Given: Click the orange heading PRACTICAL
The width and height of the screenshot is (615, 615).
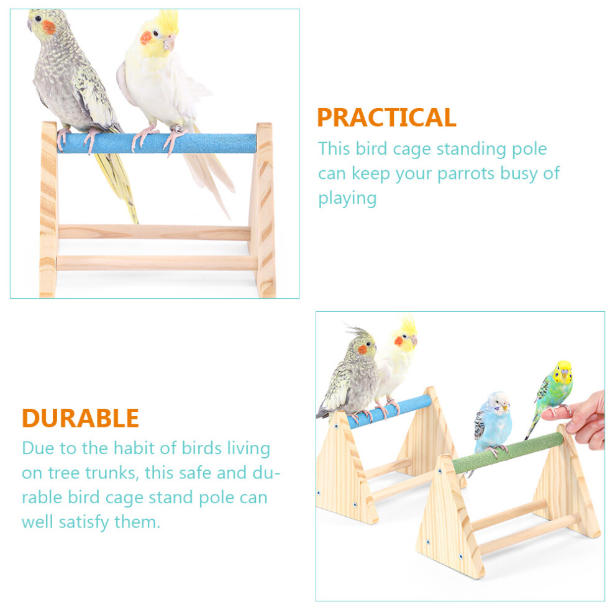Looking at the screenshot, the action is click(x=387, y=117).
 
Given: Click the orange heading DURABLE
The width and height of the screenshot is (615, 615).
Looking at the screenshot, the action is click(x=80, y=418).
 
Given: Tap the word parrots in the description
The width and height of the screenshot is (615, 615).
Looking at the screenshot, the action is click(x=466, y=174).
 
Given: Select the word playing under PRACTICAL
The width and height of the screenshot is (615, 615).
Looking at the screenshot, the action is click(x=347, y=198).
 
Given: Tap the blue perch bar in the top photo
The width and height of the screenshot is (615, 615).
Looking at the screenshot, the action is click(x=157, y=143).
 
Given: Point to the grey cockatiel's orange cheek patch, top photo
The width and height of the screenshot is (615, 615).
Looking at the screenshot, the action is click(x=48, y=27).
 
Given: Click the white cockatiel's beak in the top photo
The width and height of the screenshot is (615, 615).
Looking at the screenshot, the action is click(x=170, y=43).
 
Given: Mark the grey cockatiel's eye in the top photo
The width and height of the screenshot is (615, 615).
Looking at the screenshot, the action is click(x=38, y=19).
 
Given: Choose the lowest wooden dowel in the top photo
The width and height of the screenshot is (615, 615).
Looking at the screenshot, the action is click(x=157, y=262).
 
